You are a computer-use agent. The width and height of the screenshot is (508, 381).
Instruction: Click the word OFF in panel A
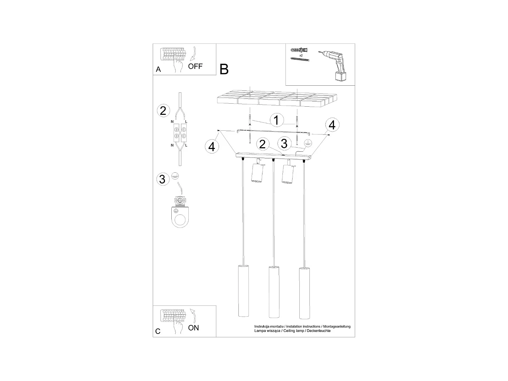tap(195, 66)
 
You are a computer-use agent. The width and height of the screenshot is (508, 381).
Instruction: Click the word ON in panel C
tap(194, 328)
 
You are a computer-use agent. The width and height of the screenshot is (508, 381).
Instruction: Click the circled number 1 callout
tap(276, 120)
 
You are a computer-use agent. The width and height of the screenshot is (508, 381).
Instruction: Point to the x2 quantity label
tap(301, 55)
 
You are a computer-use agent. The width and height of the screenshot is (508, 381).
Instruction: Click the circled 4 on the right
tap(332, 125)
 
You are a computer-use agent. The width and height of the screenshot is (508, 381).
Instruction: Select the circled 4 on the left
tap(212, 147)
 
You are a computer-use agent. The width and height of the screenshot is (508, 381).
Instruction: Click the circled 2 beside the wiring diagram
tap(163, 111)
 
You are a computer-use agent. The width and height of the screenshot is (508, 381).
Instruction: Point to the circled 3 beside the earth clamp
tap(162, 179)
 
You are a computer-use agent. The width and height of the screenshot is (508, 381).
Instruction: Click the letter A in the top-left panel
tap(158, 69)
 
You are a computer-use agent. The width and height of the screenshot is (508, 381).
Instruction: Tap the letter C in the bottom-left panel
tap(158, 331)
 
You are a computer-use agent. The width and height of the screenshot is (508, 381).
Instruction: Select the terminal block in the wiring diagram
tap(179, 133)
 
